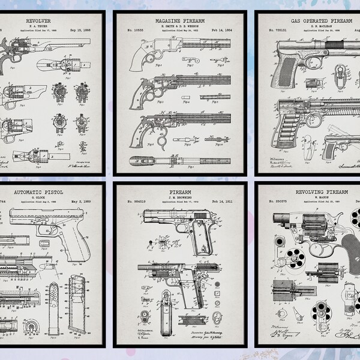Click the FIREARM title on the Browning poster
(x=179, y=193)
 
